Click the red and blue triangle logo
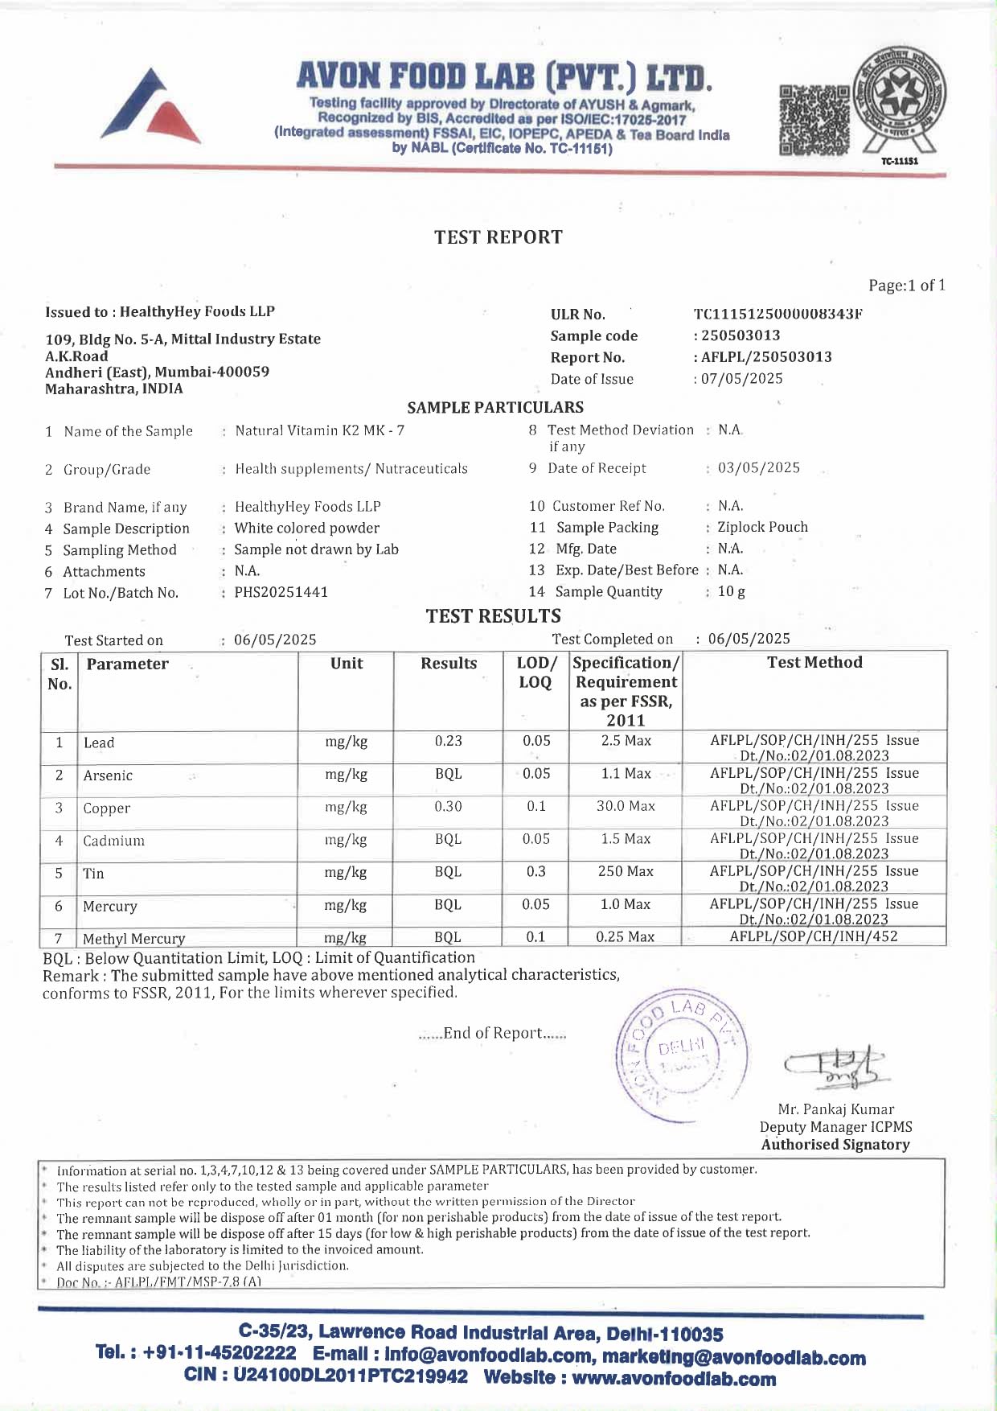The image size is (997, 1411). pyautogui.click(x=150, y=108)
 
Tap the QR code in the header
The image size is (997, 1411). pyautogui.click(x=814, y=120)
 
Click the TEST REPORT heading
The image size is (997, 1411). pyautogui.click(x=498, y=237)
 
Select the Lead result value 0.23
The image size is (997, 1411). pyautogui.click(x=449, y=742)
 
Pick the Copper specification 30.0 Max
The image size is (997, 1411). pyautogui.click(x=626, y=806)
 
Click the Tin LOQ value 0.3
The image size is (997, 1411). pyautogui.click(x=535, y=872)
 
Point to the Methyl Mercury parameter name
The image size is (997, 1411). pyautogui.click(x=134, y=939)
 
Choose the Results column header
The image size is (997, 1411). pyautogui.click(x=449, y=664)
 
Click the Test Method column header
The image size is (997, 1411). pyautogui.click(x=814, y=663)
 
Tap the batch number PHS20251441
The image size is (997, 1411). pyautogui.click(x=281, y=593)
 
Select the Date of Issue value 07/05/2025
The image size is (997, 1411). pyautogui.click(x=741, y=379)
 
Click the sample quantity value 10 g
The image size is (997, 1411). pyautogui.click(x=732, y=592)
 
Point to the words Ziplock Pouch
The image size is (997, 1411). pyautogui.click(x=762, y=528)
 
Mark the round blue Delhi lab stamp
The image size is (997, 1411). pyautogui.click(x=680, y=1055)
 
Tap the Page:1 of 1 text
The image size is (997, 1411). pyautogui.click(x=907, y=286)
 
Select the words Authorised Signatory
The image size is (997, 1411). pyautogui.click(x=835, y=1145)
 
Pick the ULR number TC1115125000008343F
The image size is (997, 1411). pyautogui.click(x=777, y=315)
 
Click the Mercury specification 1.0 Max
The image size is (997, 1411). pyautogui.click(x=626, y=905)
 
